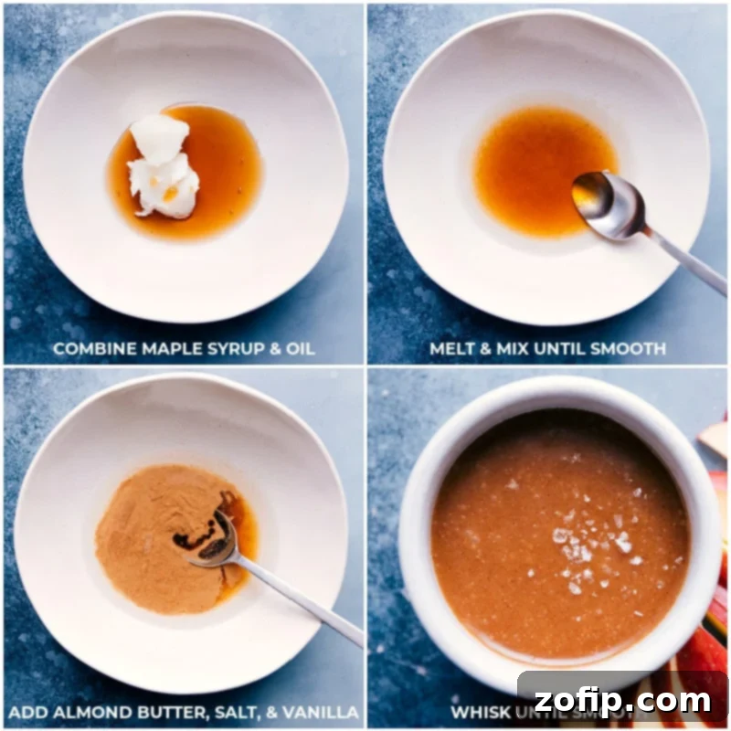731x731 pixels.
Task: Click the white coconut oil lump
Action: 163,164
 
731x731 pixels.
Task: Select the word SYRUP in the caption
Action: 205,348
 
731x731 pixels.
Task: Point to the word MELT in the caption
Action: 450,348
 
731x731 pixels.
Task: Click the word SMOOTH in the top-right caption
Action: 631,348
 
